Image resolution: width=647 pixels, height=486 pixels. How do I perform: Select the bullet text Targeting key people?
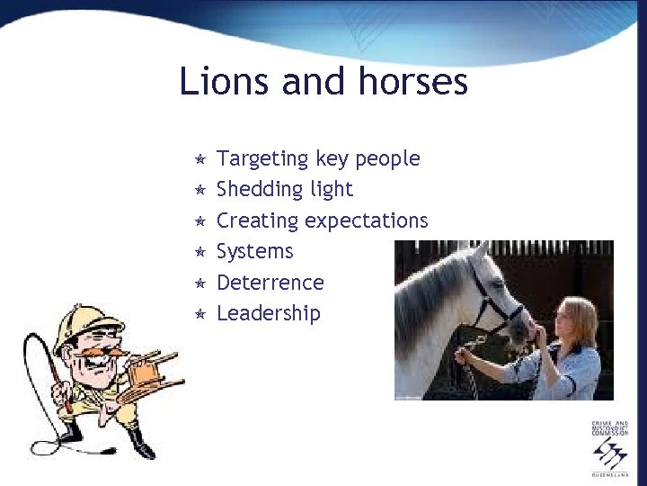(x=318, y=159)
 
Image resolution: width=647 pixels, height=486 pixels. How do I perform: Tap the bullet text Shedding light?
(x=285, y=190)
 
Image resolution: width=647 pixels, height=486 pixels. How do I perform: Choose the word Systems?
(x=255, y=252)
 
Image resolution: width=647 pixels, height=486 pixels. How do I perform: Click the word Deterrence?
(x=270, y=283)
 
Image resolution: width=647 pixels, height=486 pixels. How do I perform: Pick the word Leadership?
(x=269, y=313)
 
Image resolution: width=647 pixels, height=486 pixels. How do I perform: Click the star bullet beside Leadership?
(x=200, y=314)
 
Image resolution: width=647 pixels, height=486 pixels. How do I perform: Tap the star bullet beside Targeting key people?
(x=200, y=159)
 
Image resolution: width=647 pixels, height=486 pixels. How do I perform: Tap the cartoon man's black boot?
(x=141, y=444)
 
